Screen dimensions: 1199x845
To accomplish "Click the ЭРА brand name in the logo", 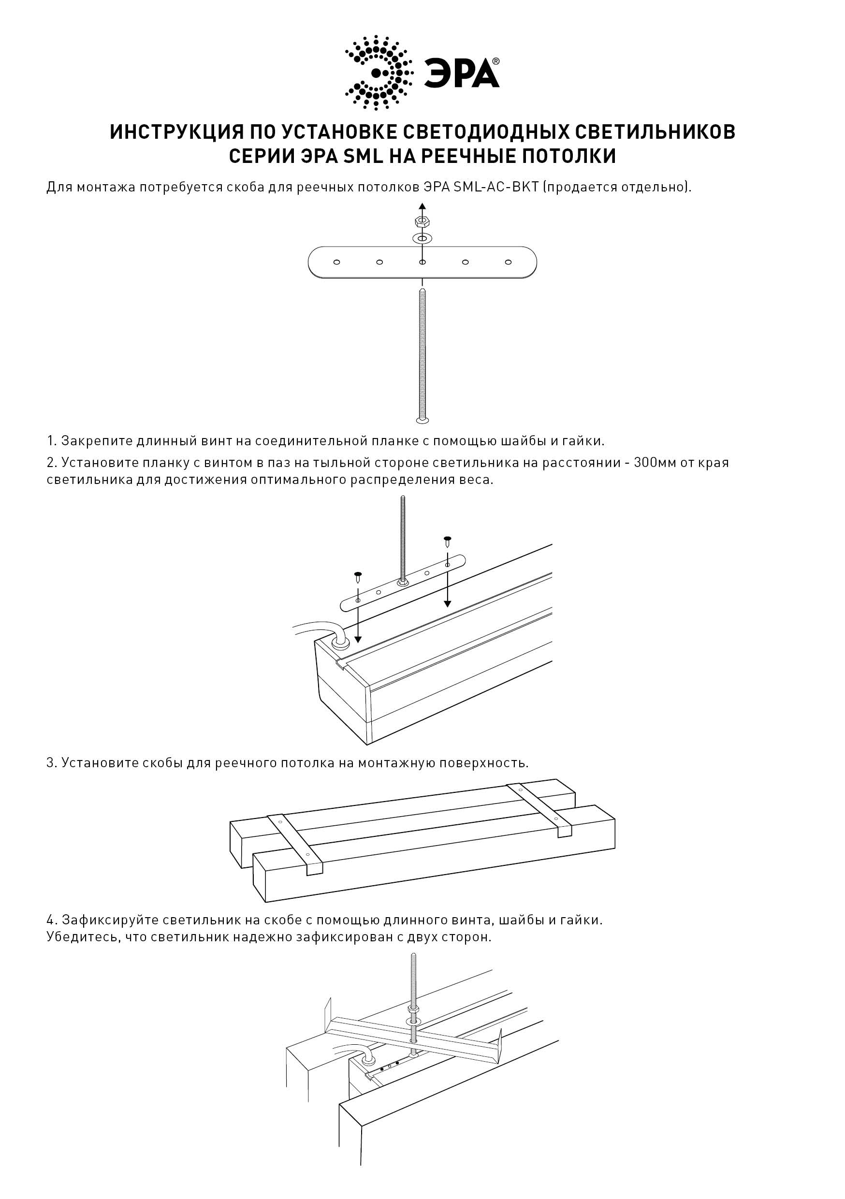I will tap(461, 73).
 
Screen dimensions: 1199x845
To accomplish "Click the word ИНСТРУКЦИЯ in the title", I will tap(176, 132).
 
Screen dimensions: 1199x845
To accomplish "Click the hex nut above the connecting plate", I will tap(422, 221).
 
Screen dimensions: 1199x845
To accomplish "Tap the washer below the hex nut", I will tap(422, 239).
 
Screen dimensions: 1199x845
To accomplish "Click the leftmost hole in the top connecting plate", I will tap(337, 262).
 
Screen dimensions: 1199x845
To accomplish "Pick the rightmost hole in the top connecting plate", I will tap(508, 262).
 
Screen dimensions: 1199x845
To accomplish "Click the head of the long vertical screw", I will tap(422, 420).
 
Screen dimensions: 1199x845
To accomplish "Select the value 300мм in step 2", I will tap(655, 463).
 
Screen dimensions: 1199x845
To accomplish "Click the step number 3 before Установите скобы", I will tap(51, 763).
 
